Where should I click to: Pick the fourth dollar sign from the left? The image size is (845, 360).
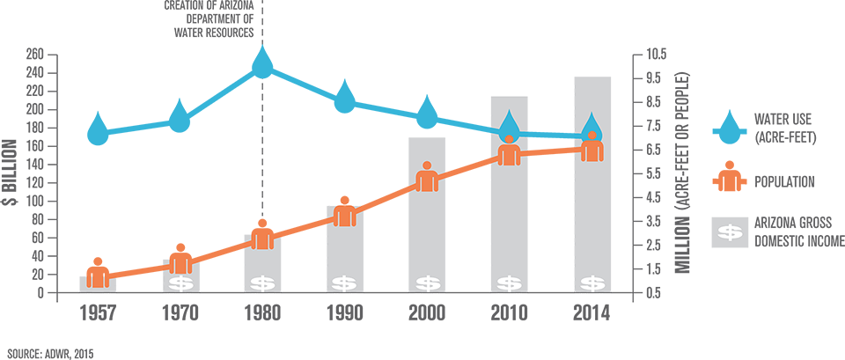426,283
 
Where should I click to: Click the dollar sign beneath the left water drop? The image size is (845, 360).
508,283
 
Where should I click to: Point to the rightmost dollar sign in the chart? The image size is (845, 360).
592,283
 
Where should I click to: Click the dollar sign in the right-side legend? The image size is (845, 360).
729,231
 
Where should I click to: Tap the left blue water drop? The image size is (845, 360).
508,124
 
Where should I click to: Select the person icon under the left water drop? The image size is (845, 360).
508,151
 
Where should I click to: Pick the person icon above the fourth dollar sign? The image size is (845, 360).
426,179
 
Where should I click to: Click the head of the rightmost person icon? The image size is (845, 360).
592,136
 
